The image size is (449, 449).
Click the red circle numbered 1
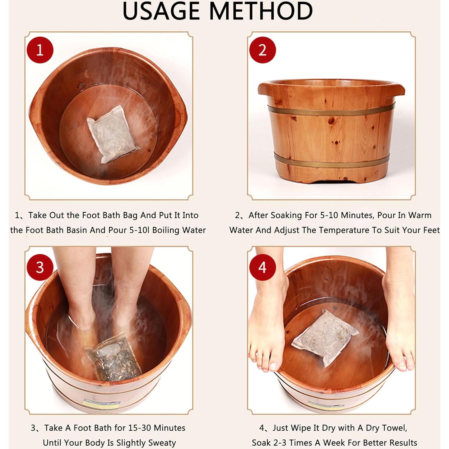(40, 50)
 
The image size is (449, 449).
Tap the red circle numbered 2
(262, 50)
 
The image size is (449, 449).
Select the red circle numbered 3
(40, 267)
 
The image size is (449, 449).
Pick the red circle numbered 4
(262, 267)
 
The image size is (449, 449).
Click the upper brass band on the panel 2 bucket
(331, 110)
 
